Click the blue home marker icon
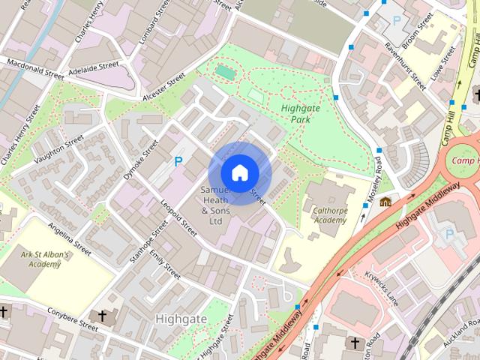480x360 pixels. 238,172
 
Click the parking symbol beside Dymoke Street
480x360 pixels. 178,161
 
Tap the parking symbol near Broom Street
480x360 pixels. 396,20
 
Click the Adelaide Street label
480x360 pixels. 94,67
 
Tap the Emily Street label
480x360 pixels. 166,267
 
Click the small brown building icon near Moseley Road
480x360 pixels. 385,202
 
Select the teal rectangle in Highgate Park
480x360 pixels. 224,72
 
